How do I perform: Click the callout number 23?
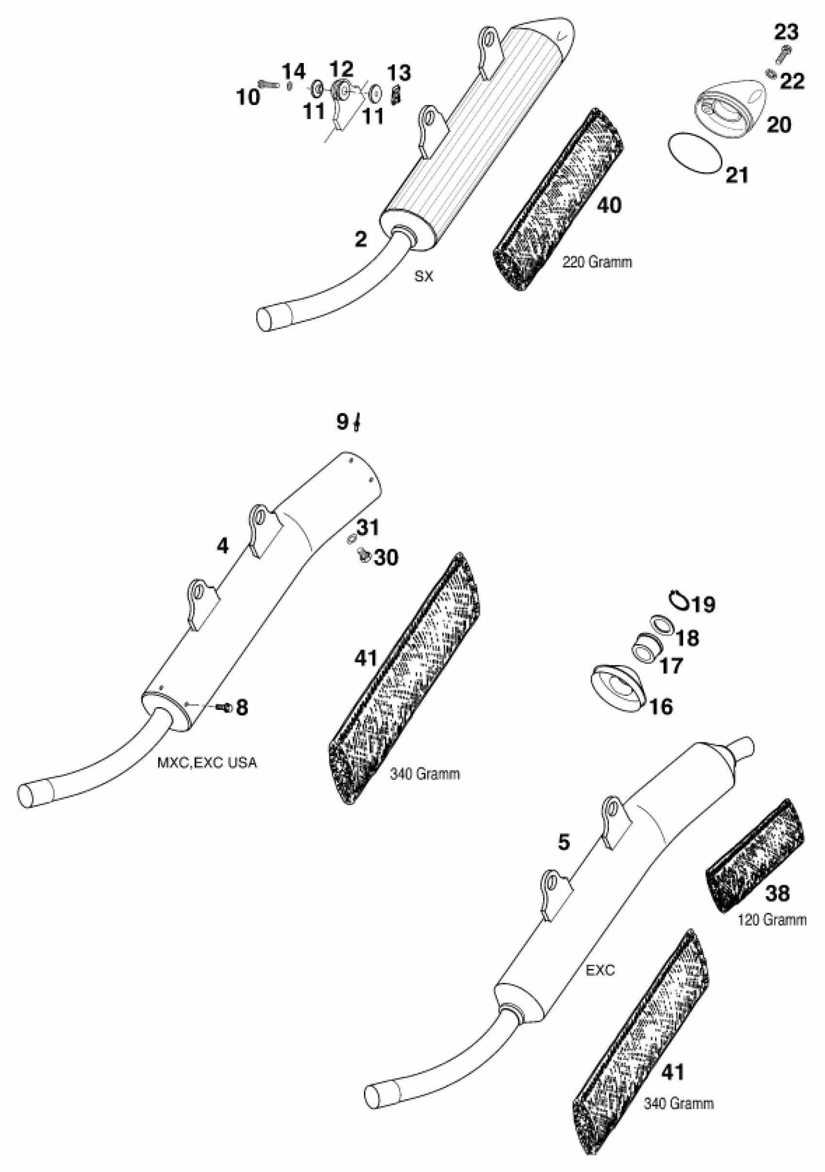pos(786,32)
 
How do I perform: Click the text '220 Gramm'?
pos(597,263)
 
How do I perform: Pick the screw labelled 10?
pos(268,83)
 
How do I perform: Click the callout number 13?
pos(399,73)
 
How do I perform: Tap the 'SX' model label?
pos(424,277)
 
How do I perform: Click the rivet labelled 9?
pos(358,423)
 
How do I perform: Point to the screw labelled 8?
pos(224,708)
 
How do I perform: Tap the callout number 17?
pos(671,666)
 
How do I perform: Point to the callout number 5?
pos(563,843)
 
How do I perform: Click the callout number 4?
pos(223,546)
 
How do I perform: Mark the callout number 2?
pos(361,239)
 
